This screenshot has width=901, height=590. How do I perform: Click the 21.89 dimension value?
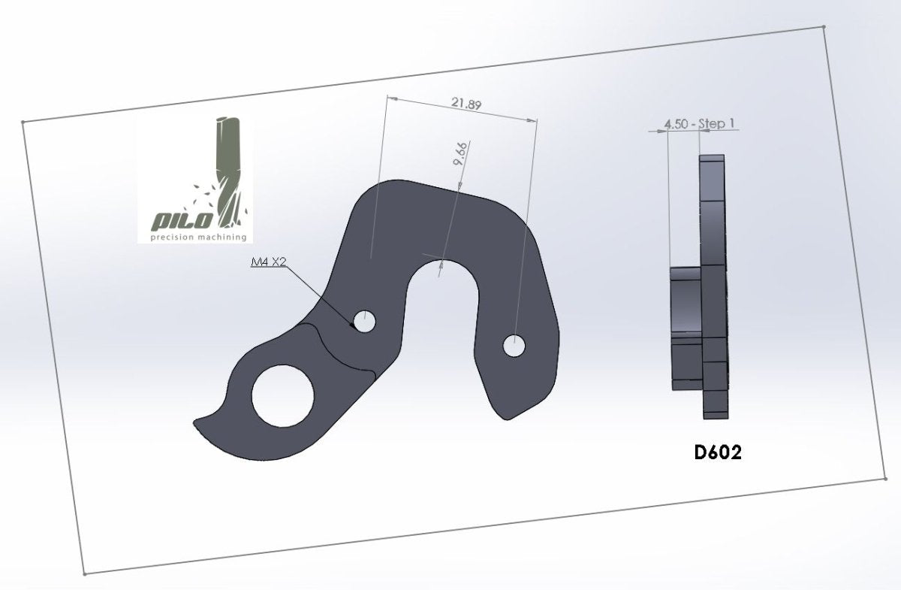[x=466, y=104]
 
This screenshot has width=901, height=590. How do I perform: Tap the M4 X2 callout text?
[x=268, y=263]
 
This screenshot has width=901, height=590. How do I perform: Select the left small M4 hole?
[x=365, y=322]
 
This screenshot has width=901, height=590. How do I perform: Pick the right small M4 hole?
[x=515, y=346]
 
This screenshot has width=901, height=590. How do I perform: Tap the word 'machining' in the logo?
[x=222, y=237]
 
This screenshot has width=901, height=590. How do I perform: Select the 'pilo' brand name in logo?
[x=184, y=220]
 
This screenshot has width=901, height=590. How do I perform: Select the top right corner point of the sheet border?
[x=824, y=27]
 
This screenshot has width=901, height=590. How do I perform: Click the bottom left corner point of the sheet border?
[x=85, y=573]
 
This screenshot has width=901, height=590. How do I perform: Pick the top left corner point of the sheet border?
[x=23, y=122]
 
